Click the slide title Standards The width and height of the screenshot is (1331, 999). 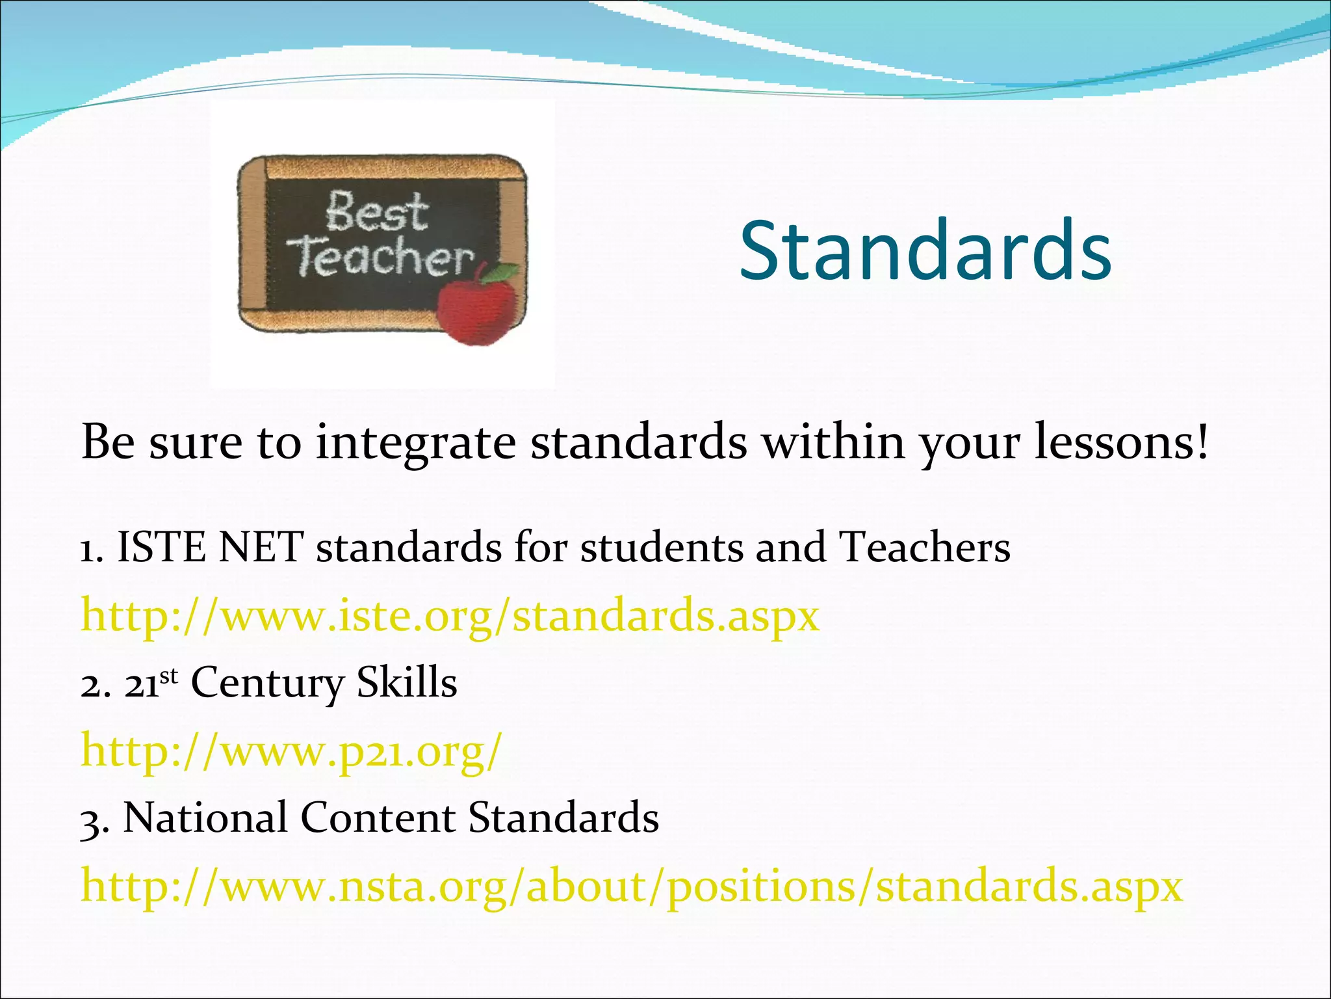click(925, 251)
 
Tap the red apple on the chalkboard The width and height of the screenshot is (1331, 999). click(476, 312)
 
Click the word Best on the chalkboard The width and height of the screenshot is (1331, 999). click(377, 213)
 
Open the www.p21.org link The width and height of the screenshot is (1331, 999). click(291, 751)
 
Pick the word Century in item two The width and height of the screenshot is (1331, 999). click(267, 684)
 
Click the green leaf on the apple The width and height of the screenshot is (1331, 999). click(502, 272)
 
